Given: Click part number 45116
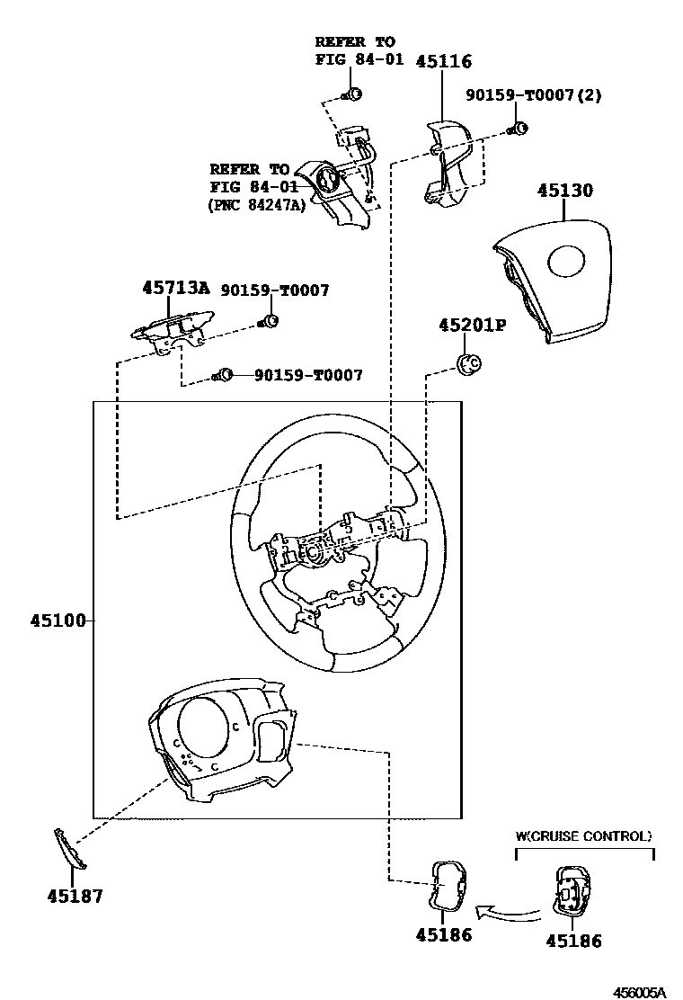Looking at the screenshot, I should pos(443,61).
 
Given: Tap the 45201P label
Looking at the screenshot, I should pos(472,325).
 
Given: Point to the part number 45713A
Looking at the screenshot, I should pos(175,289).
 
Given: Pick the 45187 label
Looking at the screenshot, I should pos(75,896).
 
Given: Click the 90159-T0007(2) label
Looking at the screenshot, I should pos(532,95).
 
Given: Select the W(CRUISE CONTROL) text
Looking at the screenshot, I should pos(583,836).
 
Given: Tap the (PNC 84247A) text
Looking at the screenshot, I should pos(256,205).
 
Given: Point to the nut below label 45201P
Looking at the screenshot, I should pos(468,362).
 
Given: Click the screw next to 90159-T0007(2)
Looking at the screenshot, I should pos(518,128).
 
